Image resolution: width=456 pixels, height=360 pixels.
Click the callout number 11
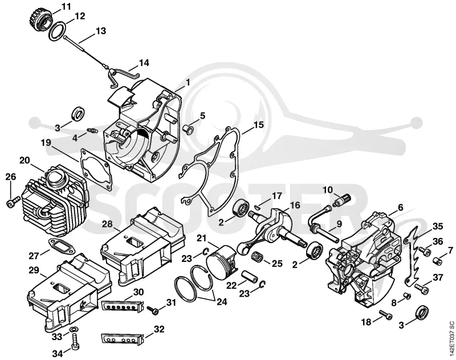pos(66,6)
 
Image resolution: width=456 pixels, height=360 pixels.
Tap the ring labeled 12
pos(56,30)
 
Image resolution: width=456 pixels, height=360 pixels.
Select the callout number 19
pos(46,143)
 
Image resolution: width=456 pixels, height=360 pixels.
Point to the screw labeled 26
pos(13,202)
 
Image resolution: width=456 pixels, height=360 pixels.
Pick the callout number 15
pos(259,125)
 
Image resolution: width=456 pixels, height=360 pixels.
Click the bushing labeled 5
pos(188,129)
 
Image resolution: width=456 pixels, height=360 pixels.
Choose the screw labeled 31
pos(153,310)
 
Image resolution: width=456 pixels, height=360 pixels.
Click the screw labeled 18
pos(386,314)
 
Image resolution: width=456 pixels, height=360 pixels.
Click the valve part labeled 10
pos(343,200)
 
